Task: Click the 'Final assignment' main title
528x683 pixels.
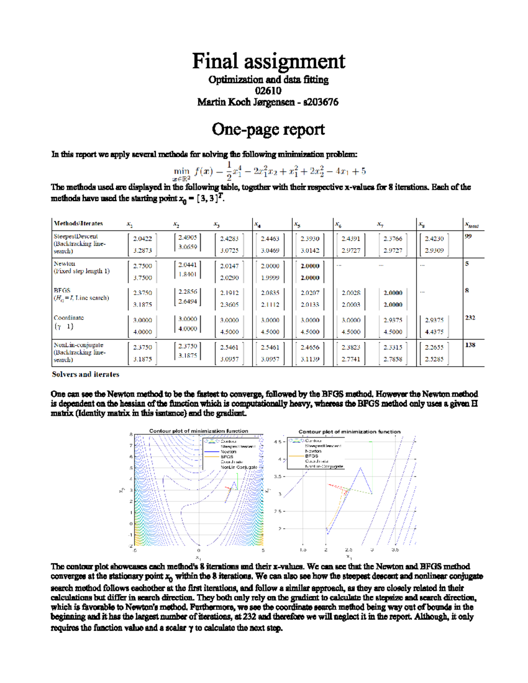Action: [x=268, y=61]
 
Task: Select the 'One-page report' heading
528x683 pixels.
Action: [x=268, y=129]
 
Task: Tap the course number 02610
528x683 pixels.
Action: [x=268, y=91]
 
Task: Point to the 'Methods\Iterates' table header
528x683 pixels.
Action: [x=78, y=223]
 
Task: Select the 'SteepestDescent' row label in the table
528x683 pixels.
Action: [x=76, y=237]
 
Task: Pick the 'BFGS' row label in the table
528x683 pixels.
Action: [x=62, y=291]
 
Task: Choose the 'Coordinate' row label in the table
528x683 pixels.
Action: [x=69, y=318]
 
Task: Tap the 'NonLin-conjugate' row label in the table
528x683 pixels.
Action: [x=78, y=345]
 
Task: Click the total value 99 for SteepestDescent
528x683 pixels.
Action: [x=468, y=237]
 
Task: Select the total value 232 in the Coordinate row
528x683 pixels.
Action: [x=470, y=318]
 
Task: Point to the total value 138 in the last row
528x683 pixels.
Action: [x=470, y=345]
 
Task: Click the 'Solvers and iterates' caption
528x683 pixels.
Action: [x=85, y=375]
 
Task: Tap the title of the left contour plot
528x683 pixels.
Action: [x=198, y=431]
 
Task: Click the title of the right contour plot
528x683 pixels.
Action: [x=349, y=432]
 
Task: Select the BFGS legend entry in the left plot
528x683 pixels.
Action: [x=227, y=457]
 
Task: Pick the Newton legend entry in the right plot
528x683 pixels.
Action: [x=313, y=451]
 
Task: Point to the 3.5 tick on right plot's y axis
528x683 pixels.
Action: [x=278, y=476]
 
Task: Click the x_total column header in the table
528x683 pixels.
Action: [x=472, y=225]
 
